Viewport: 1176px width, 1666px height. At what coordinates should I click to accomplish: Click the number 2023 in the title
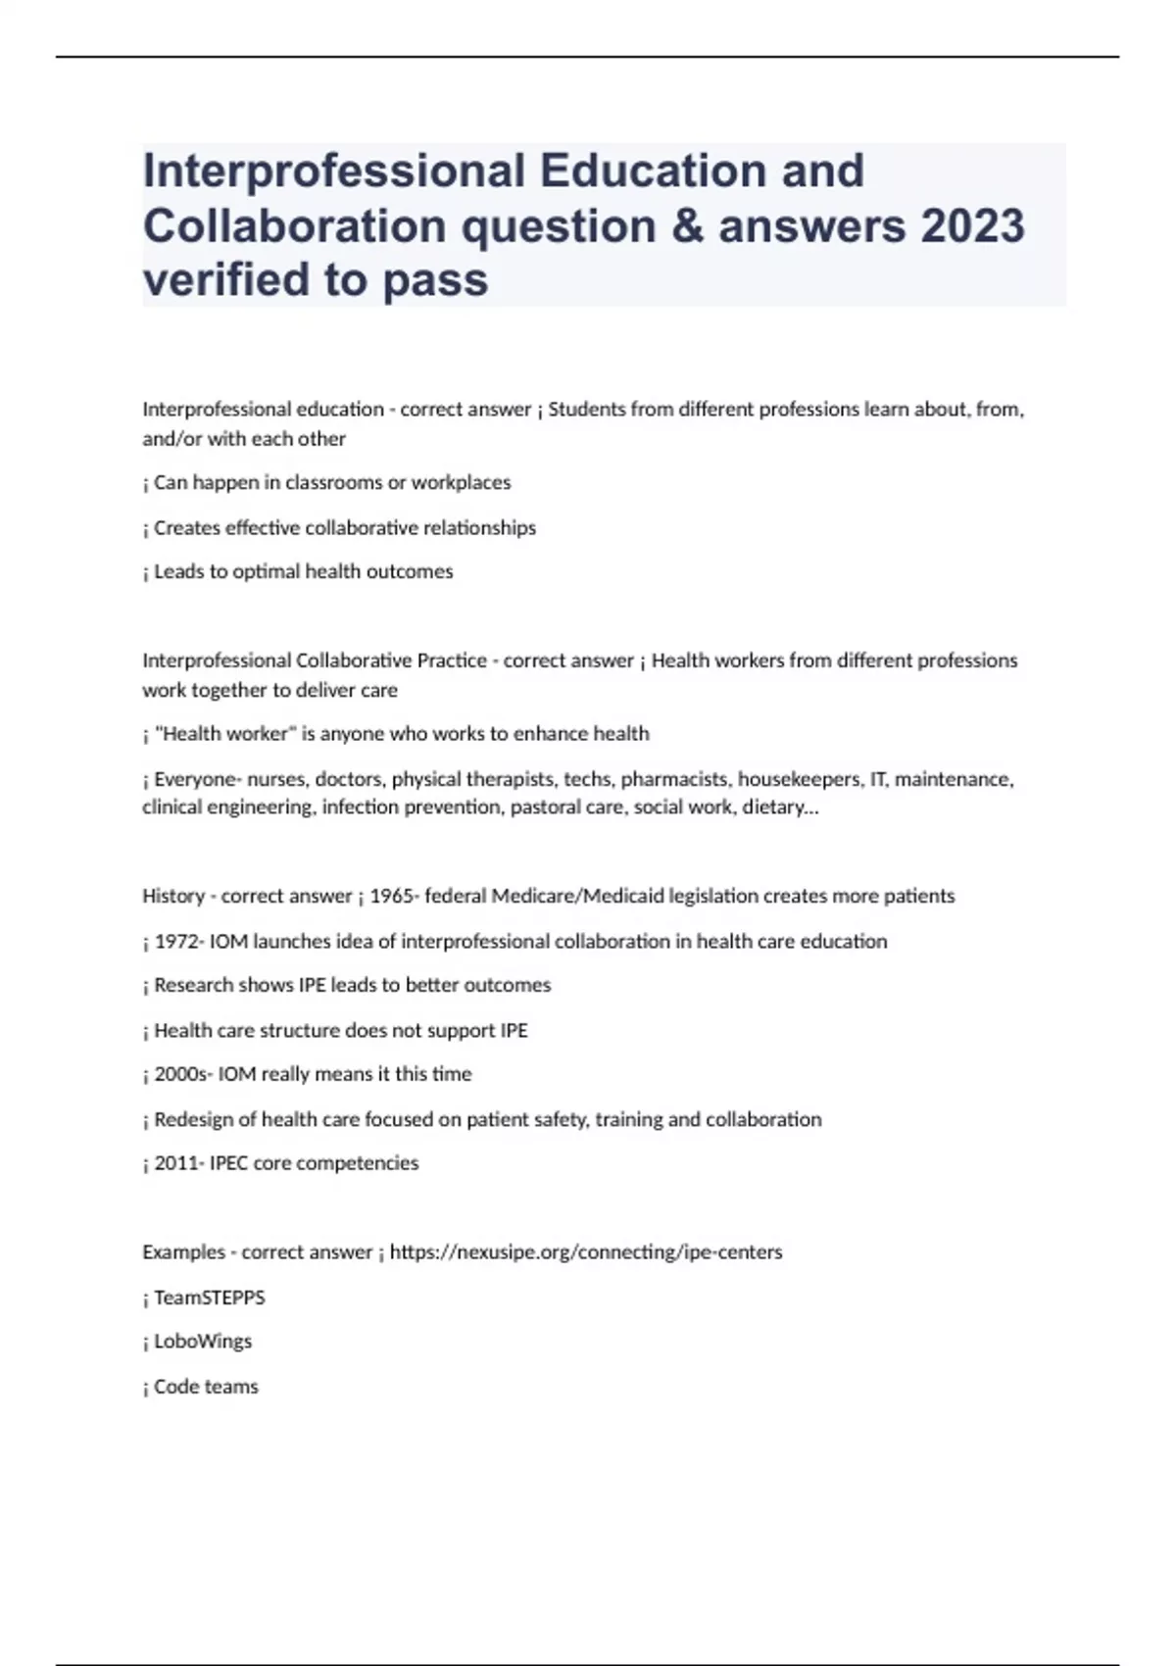[971, 226]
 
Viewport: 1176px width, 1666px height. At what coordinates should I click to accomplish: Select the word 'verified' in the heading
[225, 280]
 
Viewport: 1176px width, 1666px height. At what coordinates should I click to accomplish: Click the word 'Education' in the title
[702, 171]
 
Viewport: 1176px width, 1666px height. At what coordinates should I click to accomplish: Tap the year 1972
[176, 942]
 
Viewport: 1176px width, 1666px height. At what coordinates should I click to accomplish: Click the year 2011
[176, 1163]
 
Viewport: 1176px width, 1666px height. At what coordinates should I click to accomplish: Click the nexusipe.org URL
[586, 1252]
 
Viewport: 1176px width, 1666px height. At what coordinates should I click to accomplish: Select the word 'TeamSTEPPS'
[210, 1298]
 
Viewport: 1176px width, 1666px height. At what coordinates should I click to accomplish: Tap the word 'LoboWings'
[203, 1342]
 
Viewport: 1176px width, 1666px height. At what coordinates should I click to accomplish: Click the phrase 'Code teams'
[206, 1387]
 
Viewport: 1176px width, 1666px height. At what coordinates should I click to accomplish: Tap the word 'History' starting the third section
[173, 896]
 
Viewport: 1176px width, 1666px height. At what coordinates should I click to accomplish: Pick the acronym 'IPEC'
[228, 1163]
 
